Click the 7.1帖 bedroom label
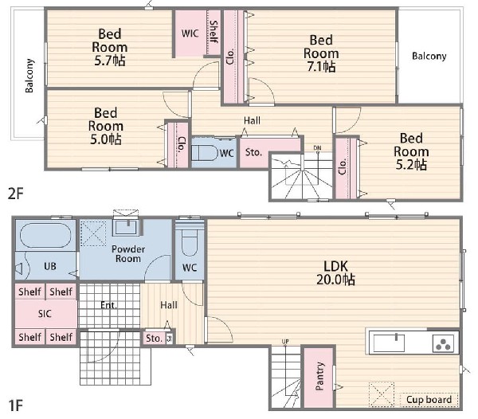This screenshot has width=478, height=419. [x=321, y=53]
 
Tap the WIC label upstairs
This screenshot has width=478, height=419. [x=190, y=33]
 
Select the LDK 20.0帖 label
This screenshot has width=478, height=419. [x=335, y=272]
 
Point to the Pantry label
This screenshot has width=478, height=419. [x=319, y=376]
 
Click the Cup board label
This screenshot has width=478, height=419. [x=429, y=400]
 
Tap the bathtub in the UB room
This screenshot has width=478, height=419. [x=45, y=235]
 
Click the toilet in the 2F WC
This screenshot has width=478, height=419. [x=206, y=152]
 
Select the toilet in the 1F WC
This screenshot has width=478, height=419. [x=190, y=241]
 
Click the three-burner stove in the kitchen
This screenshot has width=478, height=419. [x=443, y=343]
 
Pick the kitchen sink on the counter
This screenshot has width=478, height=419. [x=390, y=343]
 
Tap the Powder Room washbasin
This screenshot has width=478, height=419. [x=126, y=227]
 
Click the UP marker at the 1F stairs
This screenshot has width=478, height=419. [x=285, y=341]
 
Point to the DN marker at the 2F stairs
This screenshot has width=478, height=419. [x=317, y=148]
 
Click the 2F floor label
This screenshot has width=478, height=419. [x=16, y=194]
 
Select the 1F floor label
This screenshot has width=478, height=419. [x=15, y=405]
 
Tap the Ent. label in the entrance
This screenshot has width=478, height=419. [x=108, y=305]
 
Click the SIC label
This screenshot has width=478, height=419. [x=45, y=314]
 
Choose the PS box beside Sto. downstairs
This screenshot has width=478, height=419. [x=170, y=339]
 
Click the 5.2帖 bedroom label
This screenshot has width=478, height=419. [x=411, y=151]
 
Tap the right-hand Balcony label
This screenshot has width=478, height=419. [x=429, y=56]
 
